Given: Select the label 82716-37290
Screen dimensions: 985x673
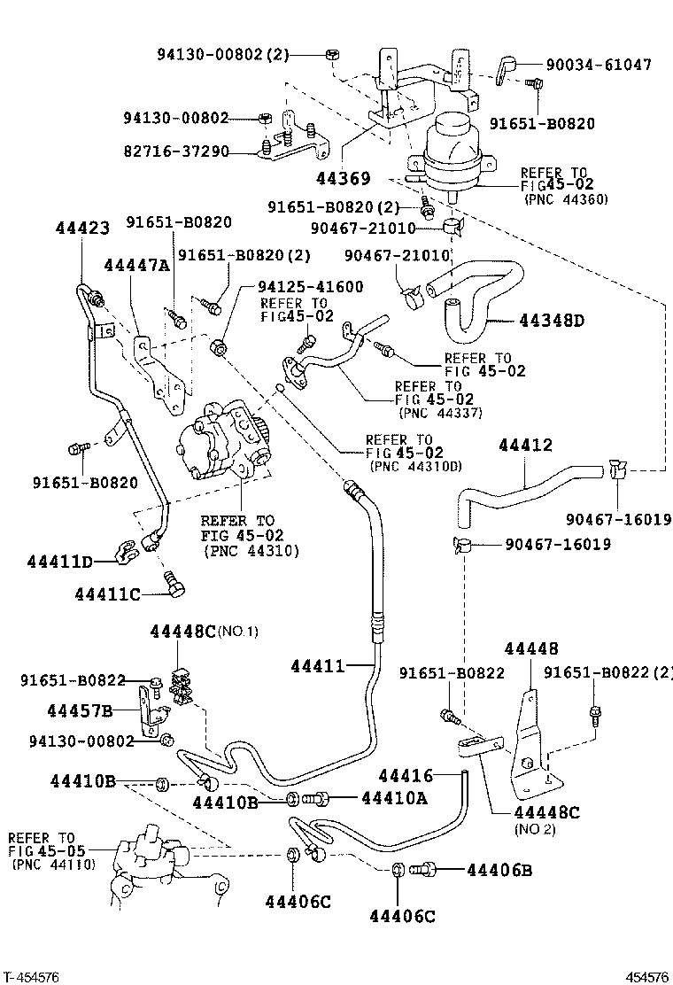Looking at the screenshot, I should (x=175, y=152).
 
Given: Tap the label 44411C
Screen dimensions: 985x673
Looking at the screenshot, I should (x=107, y=593).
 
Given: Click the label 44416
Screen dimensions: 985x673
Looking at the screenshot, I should (x=406, y=776).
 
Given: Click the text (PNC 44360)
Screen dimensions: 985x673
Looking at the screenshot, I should (x=565, y=200).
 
